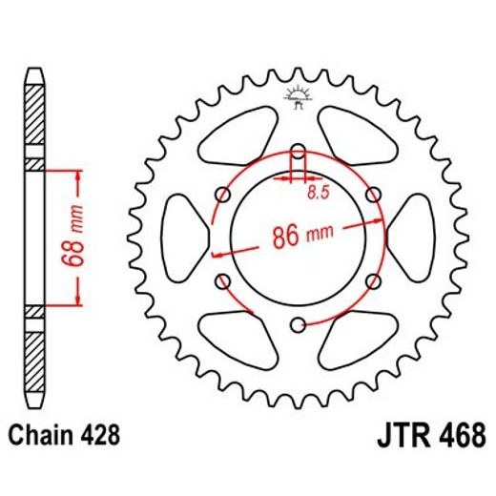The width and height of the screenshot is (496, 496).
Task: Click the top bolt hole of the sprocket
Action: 299,151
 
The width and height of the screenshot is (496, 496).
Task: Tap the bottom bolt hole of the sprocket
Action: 299,324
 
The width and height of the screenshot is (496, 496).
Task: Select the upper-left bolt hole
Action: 223,195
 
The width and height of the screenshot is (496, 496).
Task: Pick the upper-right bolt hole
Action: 373,195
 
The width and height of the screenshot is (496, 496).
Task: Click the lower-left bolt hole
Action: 223,281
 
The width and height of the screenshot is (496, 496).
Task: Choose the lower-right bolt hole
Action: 373,281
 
